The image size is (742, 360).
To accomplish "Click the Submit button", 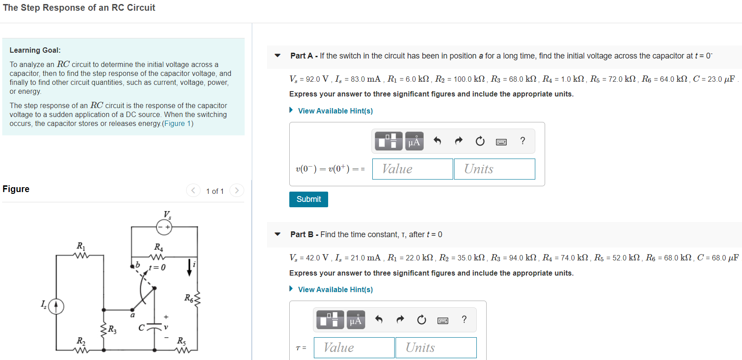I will tap(308, 199).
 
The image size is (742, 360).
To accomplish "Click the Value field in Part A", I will tap(413, 169).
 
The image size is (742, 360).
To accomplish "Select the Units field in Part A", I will tap(494, 169).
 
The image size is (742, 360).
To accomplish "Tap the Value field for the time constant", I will tap(354, 347).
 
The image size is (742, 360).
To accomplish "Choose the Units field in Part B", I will tap(436, 347).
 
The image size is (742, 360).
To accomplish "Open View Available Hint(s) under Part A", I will tap(335, 111).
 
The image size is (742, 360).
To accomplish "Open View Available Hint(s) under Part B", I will tap(335, 289).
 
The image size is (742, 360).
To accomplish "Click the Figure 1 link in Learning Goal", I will tap(178, 123).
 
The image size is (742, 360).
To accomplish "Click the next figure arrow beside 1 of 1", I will tap(237, 191).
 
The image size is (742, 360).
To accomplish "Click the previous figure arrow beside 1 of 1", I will tap(193, 191).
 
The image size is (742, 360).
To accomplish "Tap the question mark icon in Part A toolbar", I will tap(522, 141).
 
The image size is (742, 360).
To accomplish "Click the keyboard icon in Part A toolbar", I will tap(501, 142).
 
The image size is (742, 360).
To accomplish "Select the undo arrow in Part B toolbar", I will tap(379, 319).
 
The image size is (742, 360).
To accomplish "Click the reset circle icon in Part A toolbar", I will tap(480, 141).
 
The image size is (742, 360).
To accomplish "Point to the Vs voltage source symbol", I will tap(164, 227).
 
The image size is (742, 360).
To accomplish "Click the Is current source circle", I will tap(56, 306).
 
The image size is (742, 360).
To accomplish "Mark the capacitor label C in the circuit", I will tap(141, 328).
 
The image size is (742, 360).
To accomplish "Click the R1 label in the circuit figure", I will tap(81, 246).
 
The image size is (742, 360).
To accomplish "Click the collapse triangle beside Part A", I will tap(278, 56).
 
